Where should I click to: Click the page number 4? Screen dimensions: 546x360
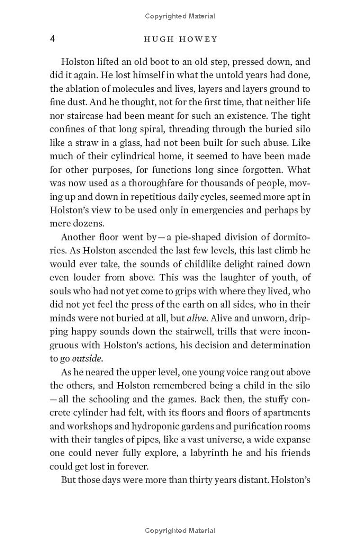52,39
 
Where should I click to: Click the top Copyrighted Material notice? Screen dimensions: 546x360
180,16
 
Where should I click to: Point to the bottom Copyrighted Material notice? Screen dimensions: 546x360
180,531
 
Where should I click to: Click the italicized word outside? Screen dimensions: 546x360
87,359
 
